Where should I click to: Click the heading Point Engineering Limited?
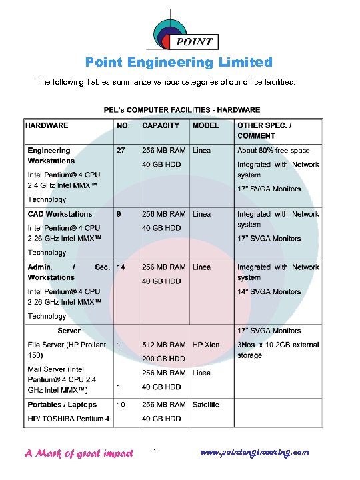click(179, 63)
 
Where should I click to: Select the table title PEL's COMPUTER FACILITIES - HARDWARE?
click(181, 109)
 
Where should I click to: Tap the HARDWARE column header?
click(47, 125)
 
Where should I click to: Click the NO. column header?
click(123, 125)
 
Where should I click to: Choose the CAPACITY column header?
click(161, 125)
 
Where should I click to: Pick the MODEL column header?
click(206, 125)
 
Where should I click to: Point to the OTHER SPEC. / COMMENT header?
click(265, 130)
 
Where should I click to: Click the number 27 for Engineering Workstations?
click(121, 150)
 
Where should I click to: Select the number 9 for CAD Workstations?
click(119, 214)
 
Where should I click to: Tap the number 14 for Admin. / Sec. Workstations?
click(121, 267)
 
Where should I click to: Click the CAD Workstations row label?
click(60, 214)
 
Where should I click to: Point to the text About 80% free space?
click(273, 150)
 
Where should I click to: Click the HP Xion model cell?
click(206, 345)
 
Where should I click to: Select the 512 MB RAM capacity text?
click(163, 345)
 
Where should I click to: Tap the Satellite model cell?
click(206, 405)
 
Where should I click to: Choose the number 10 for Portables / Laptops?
click(121, 405)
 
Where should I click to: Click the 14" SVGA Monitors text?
click(269, 291)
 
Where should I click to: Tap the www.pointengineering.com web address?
click(255, 452)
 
